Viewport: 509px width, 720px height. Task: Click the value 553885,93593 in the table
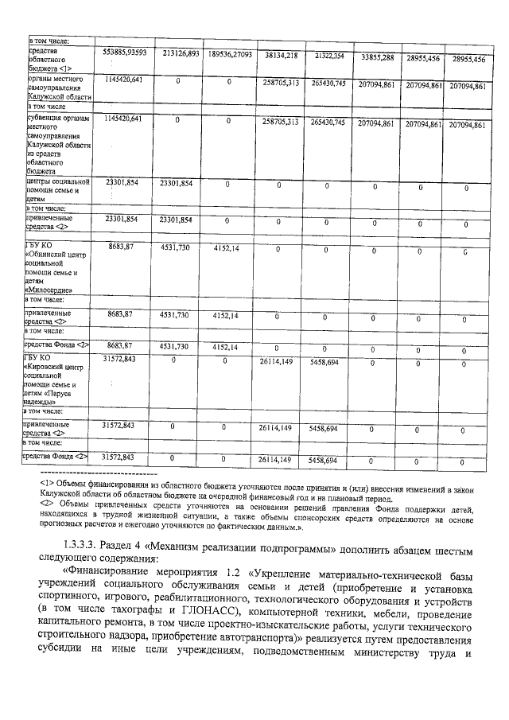tap(125, 53)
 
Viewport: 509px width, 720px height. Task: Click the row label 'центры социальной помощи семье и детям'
tap(57, 191)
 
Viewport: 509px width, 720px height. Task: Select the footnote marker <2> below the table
tap(46, 504)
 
